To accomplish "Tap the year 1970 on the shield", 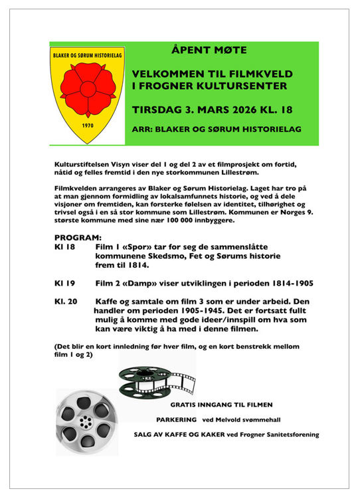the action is pyautogui.click(x=87, y=124).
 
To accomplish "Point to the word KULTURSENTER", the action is pyautogui.click(x=234, y=86).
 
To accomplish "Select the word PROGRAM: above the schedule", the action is pyautogui.click(x=78, y=237).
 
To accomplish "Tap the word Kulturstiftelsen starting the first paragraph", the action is pyautogui.click(x=84, y=163).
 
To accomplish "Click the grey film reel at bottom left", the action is pyautogui.click(x=86, y=420).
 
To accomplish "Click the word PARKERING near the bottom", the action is pyautogui.click(x=177, y=419).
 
